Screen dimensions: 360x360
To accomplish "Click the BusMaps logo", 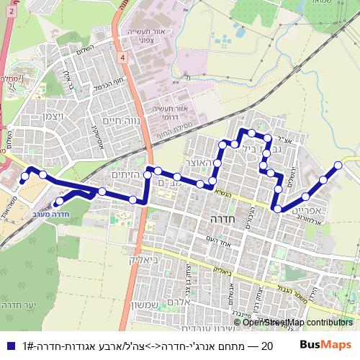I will pos(327,346).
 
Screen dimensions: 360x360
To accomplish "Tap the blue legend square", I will pos(9,346).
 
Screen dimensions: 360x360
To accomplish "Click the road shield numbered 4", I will pos(124,57).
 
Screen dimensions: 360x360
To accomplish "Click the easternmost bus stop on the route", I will pos(338,166).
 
